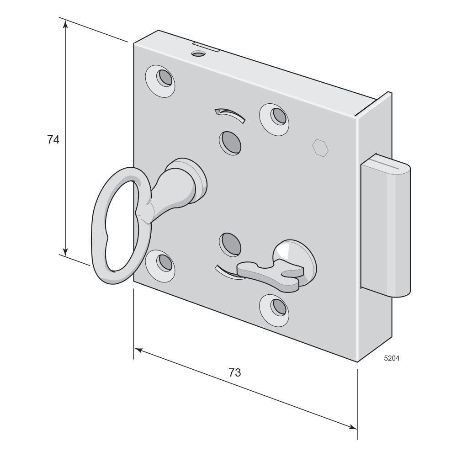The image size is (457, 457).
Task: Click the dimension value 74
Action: click(53, 140)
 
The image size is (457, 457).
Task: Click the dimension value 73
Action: click(234, 372)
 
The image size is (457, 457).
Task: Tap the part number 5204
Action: click(392, 358)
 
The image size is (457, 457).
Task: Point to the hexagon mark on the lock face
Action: click(320, 148)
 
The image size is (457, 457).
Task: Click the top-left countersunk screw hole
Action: click(160, 81)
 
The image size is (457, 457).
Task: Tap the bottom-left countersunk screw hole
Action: click(160, 266)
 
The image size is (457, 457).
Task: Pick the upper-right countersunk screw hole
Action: click(274, 119)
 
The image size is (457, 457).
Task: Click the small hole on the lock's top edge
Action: click(198, 53)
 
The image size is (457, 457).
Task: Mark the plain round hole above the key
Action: click(230, 143)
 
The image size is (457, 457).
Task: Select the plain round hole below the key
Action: click(230, 244)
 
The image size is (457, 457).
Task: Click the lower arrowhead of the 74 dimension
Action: click(65, 251)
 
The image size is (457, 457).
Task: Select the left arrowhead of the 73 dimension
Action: click(138, 350)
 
